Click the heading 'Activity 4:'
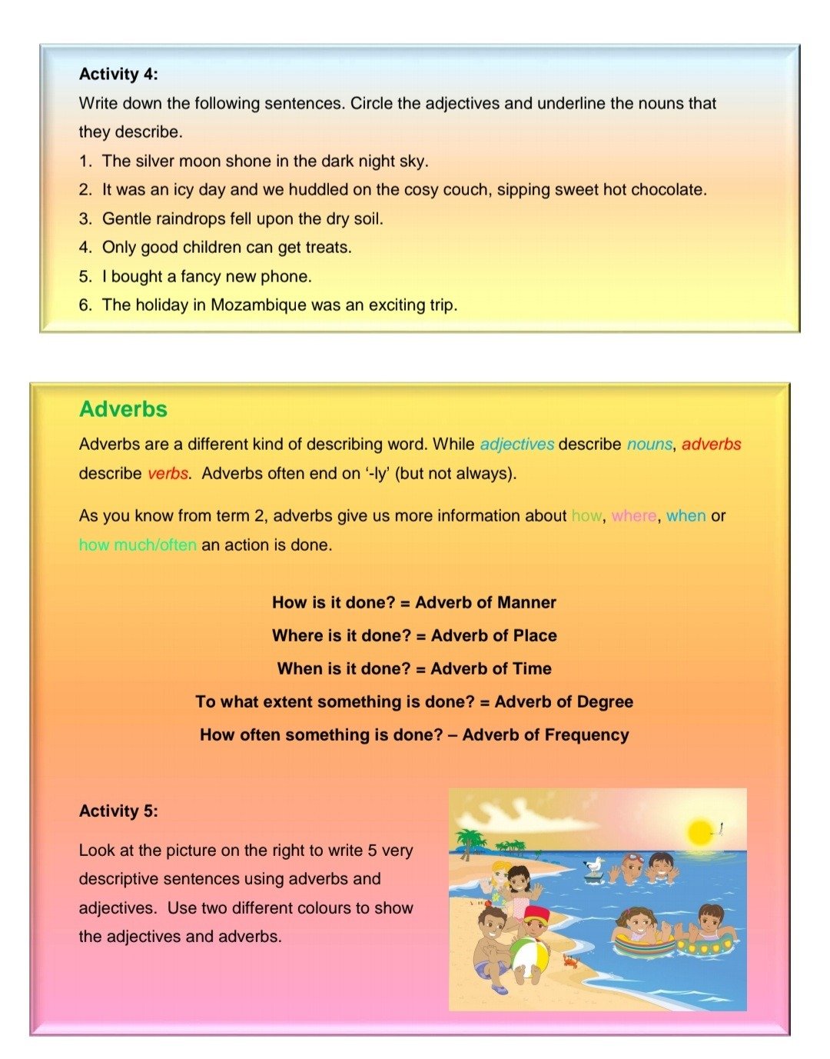pyautogui.click(x=118, y=75)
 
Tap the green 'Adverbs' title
pyautogui.click(x=123, y=409)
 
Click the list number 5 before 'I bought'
pyautogui.click(x=84, y=277)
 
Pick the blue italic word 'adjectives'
pyautogui.click(x=517, y=445)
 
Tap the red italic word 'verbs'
pyautogui.click(x=168, y=474)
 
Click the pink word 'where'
pyautogui.click(x=634, y=516)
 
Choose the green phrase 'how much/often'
pyautogui.click(x=138, y=545)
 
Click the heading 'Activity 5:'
pyautogui.click(x=118, y=811)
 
